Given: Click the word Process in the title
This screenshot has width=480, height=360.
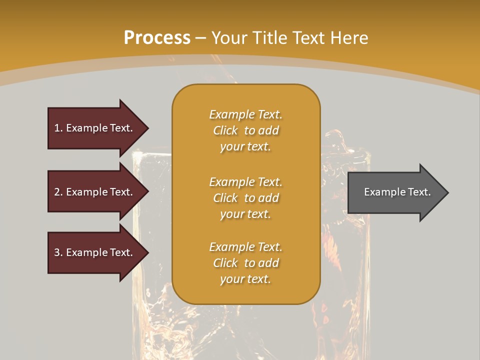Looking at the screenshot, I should tap(157, 38).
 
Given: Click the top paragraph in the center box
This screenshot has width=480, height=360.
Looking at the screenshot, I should tap(245, 130).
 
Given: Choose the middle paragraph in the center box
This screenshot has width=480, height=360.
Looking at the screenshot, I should tap(245, 198).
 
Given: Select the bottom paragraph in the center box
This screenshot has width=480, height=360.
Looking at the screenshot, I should tap(245, 263).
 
